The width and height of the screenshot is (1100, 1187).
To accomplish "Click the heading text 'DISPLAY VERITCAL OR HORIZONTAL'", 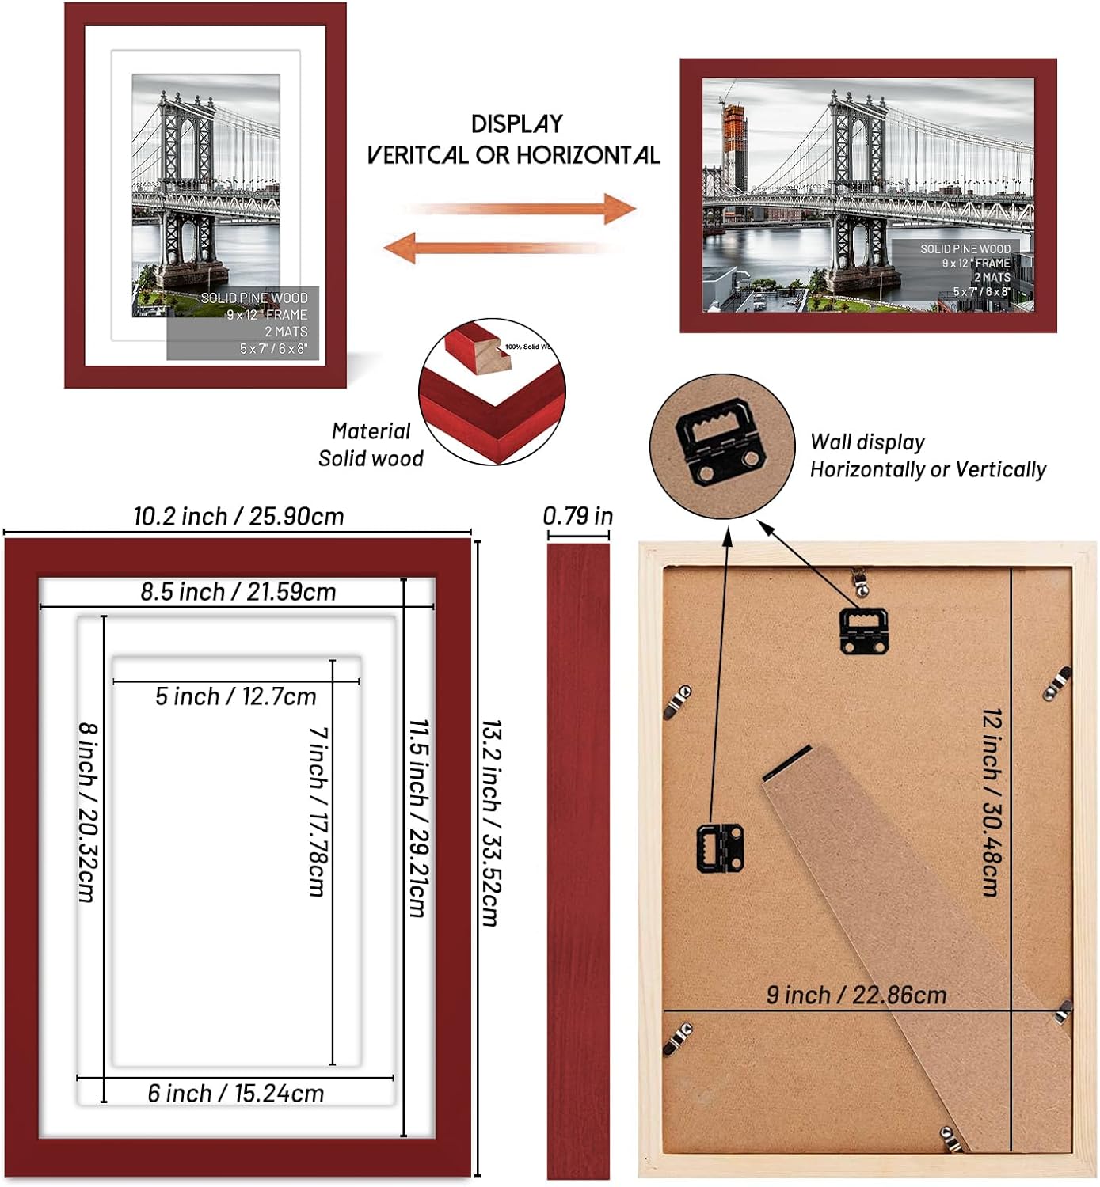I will tap(513, 140).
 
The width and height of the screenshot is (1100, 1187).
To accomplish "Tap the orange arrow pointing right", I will tap(523, 209).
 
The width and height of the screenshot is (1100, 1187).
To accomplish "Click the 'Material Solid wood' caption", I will tap(371, 445).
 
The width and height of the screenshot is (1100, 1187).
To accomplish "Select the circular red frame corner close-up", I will tap(492, 392).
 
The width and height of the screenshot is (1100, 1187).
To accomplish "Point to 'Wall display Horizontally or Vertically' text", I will tap(927, 456).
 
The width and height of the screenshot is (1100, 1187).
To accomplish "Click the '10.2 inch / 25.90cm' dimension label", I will tap(238, 517).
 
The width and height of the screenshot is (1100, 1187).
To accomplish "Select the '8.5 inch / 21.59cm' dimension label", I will tap(238, 592).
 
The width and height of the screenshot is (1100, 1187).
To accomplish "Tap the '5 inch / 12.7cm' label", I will tap(235, 696).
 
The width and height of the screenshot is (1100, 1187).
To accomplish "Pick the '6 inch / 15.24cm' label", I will tap(235, 1094).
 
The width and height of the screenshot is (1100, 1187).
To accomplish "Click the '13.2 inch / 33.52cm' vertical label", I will tap(491, 823).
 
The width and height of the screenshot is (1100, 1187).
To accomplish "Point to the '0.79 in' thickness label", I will tap(577, 516).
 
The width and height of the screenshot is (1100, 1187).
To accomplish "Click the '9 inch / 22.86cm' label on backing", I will tap(856, 995).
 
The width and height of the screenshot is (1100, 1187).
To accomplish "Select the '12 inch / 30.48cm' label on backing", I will tap(992, 801).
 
